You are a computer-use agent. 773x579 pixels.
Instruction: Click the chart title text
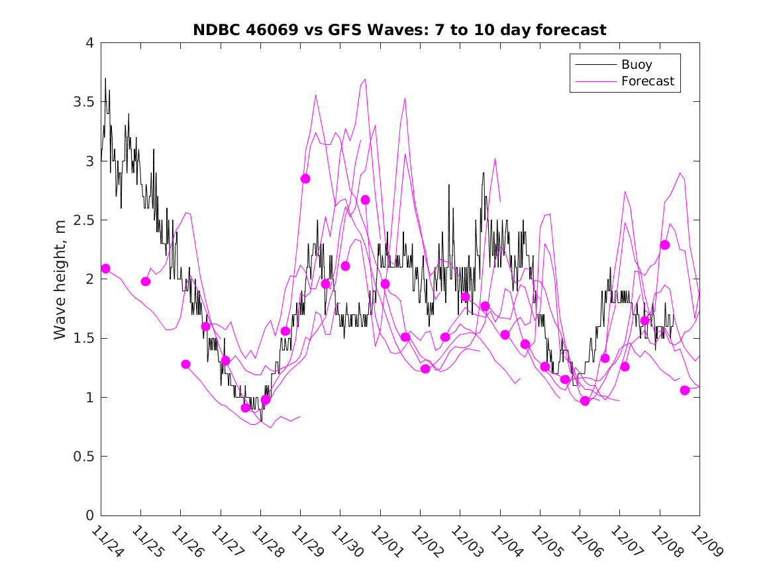click(399, 30)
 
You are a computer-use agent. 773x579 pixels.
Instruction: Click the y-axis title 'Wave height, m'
click(60, 279)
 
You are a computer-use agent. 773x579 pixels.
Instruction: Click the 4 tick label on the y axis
click(89, 43)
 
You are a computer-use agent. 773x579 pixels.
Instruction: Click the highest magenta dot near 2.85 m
click(305, 179)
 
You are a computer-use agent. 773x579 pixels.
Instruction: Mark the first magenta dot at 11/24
click(105, 268)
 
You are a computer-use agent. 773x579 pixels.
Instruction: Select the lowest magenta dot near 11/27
click(246, 408)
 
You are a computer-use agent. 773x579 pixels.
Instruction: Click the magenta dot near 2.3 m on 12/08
click(665, 245)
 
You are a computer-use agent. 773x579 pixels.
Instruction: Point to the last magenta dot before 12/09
click(685, 390)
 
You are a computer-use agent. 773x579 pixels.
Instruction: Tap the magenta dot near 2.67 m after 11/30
click(365, 200)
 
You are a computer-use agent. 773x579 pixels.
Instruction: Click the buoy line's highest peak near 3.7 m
click(105, 79)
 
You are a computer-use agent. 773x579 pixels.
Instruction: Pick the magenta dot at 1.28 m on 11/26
click(185, 364)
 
